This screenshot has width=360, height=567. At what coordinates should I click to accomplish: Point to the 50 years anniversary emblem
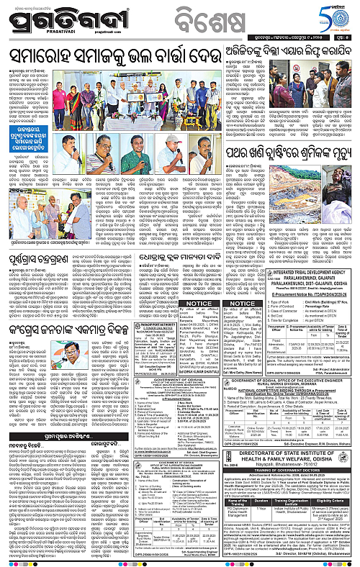338,14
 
